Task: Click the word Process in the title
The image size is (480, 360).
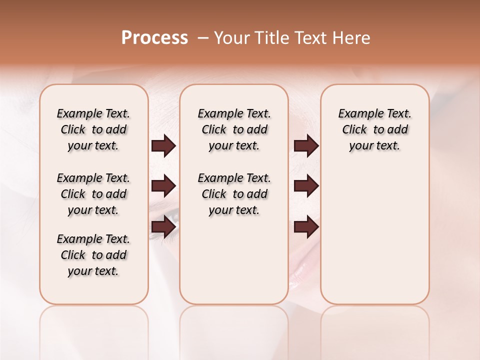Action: pos(154,37)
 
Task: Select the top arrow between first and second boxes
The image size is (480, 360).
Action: pos(163,146)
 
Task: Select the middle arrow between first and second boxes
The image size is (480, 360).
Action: pos(163,186)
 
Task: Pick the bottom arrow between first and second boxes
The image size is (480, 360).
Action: pos(163,227)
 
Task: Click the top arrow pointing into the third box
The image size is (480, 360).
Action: pos(306,146)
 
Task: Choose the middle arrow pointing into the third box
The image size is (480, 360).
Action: pos(306,186)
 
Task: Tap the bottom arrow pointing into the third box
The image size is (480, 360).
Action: pos(306,227)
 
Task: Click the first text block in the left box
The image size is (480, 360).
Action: pos(93,129)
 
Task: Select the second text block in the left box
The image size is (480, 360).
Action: pos(93,194)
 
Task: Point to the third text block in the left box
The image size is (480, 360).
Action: pos(93,255)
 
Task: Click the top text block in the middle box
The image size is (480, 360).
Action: pos(234,129)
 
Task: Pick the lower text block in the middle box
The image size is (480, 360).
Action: pos(234,194)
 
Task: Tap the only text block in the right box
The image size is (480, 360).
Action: pos(374,129)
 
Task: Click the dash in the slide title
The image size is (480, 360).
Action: pos(203,37)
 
